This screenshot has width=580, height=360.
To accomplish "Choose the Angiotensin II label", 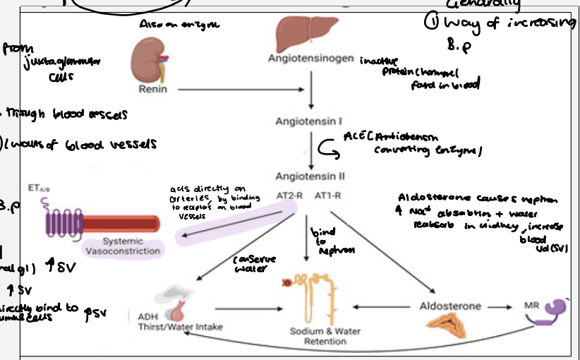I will [x=310, y=176].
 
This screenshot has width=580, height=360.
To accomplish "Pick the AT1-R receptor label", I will [x=328, y=194].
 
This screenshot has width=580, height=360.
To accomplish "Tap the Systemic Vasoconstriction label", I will [x=122, y=246].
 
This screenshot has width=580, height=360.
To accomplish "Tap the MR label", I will [x=531, y=306].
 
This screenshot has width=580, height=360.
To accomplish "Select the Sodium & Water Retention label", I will [x=318, y=336].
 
